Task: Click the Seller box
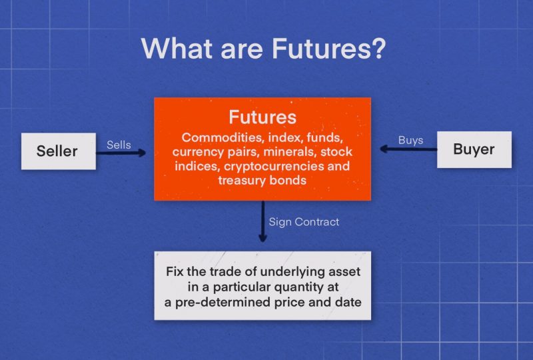coord(59,151)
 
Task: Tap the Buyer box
coord(474,149)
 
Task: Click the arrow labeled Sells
coord(121,153)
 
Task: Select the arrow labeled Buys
coord(408,149)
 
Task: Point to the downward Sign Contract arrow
coord(263,221)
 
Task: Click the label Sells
coord(119,145)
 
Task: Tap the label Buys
coord(410,140)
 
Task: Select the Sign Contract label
coord(304,222)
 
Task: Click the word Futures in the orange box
coord(263,117)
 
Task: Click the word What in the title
coord(177,48)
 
